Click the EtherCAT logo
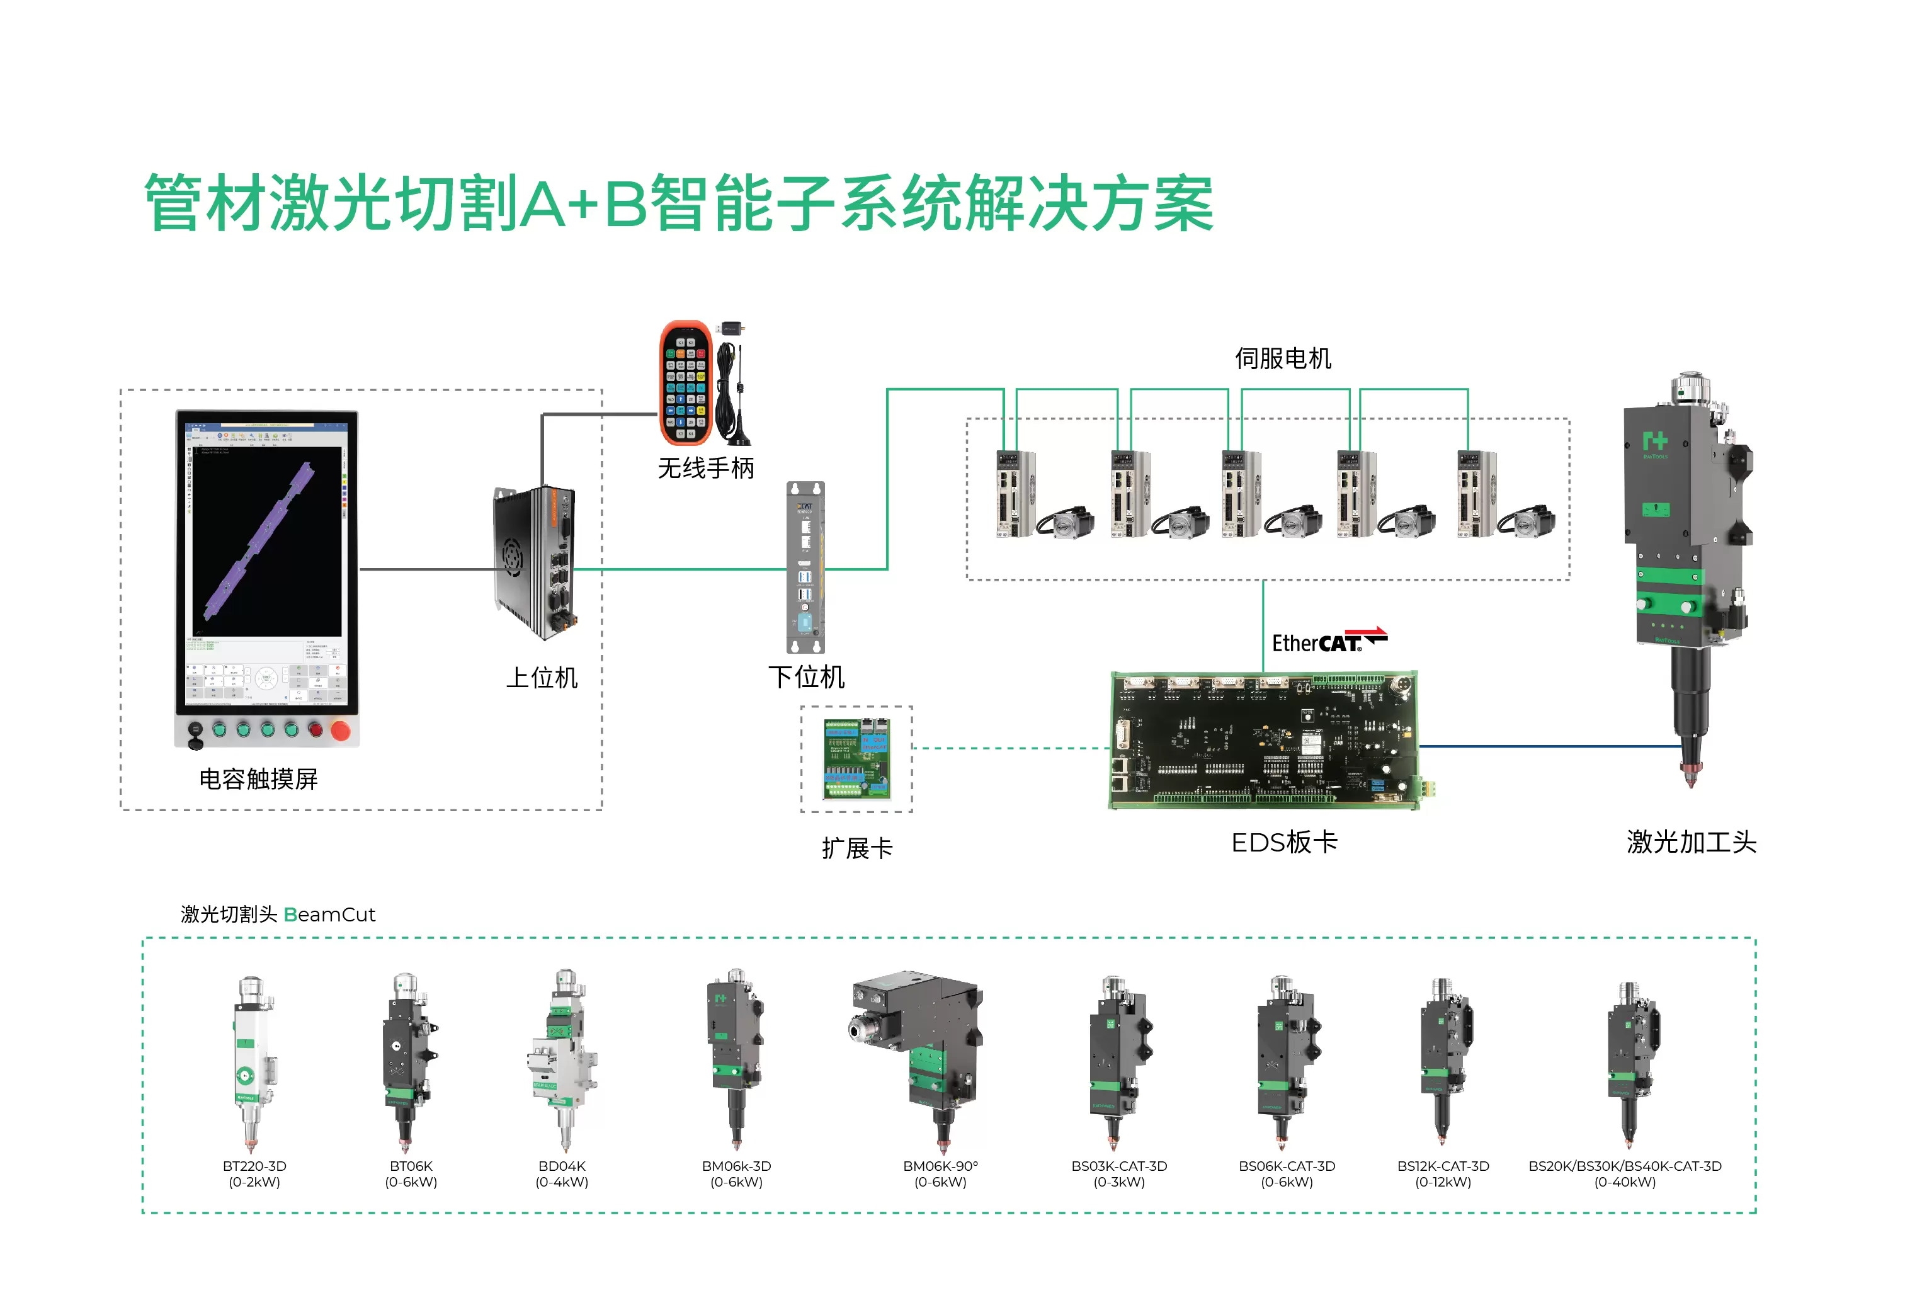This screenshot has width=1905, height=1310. pos(1328,641)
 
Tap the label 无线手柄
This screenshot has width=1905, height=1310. pos(705,468)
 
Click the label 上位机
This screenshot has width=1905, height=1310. pos(542,677)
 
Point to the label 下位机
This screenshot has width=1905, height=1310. pos(806,676)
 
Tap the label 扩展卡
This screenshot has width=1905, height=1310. pos(857,848)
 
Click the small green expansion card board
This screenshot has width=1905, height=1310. pos(856,758)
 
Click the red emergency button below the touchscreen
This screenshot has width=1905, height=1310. pos(340,730)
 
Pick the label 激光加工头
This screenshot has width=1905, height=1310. pos(1691,842)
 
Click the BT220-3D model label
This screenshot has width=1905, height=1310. pos(254,1166)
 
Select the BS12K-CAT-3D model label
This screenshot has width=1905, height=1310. pos(1442,1166)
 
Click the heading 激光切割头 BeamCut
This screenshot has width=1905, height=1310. pos(278,914)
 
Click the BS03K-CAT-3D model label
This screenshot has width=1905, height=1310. pos(1118,1166)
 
